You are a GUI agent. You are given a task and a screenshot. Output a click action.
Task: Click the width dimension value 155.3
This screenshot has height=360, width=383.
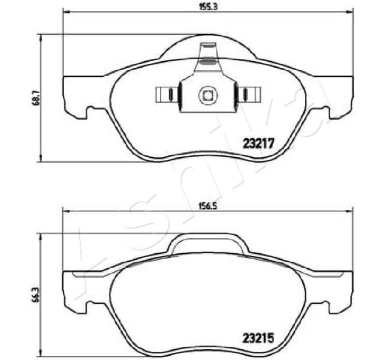point(207,7)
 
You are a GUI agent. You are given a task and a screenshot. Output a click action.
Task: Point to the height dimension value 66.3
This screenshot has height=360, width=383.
point(35,296)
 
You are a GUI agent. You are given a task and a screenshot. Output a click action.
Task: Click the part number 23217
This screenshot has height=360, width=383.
point(258,143)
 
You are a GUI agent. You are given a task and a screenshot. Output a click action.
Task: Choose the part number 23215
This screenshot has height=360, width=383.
point(258,338)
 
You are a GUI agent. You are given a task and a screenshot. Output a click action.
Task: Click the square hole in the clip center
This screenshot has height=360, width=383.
point(207,95)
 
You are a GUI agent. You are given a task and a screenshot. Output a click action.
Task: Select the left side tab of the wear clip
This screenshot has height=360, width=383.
point(167,95)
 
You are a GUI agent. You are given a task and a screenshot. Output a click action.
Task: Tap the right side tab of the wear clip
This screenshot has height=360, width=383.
point(248,95)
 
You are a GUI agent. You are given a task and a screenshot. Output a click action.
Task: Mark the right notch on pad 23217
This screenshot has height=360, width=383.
point(324,112)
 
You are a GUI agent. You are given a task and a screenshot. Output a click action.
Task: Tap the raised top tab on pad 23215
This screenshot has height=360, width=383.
point(207,242)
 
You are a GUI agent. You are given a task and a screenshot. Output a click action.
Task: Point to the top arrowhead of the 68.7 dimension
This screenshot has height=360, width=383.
point(40,37)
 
